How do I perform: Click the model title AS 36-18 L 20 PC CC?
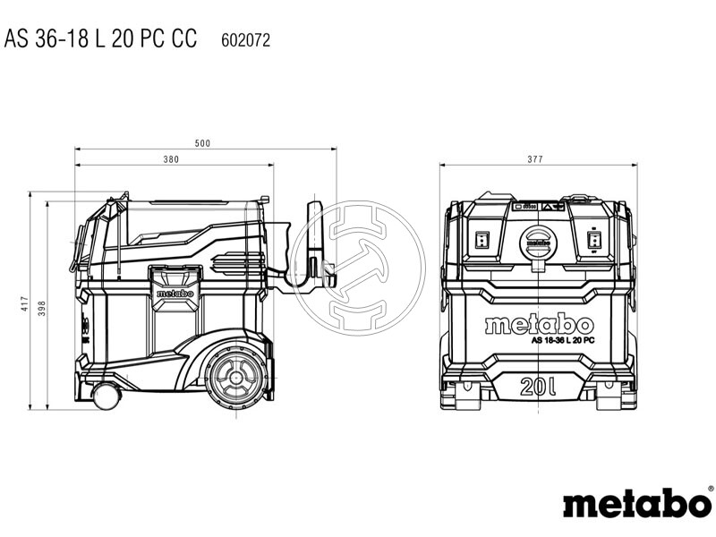(99, 40)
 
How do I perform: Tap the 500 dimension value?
(205, 143)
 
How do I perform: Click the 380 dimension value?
(172, 160)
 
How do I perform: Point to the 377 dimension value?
(534, 160)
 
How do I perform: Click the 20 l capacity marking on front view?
(537, 388)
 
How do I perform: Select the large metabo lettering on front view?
(538, 324)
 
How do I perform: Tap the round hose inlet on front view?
(537, 242)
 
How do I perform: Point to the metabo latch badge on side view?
(175, 292)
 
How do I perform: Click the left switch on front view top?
(481, 239)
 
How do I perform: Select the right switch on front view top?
(592, 240)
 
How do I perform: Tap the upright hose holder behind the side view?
(315, 237)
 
